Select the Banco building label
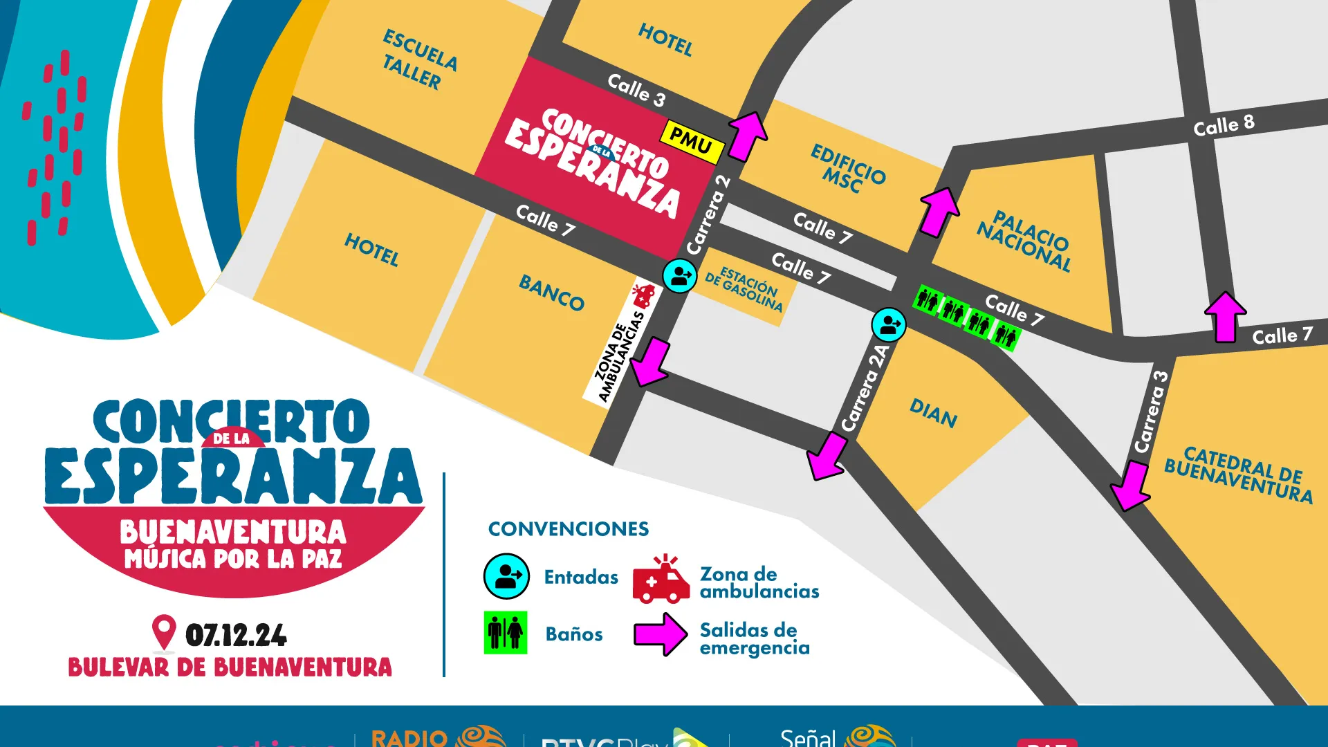[x=551, y=293]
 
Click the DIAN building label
[x=933, y=414]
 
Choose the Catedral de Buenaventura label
[x=1239, y=475]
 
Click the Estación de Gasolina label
[x=744, y=289]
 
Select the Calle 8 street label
[x=1224, y=125]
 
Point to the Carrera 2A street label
[x=865, y=388]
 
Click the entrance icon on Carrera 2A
[x=888, y=324]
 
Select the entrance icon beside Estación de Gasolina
[x=680, y=276]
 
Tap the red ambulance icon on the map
[x=643, y=296]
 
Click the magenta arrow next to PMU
[x=746, y=135]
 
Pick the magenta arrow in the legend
[x=661, y=634]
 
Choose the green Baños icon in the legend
[x=506, y=632]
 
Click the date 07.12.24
[x=236, y=636]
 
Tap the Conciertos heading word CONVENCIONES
[x=569, y=529]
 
